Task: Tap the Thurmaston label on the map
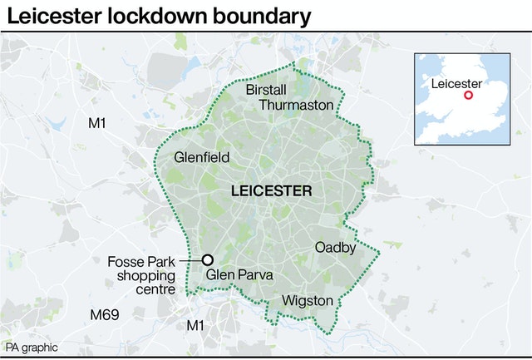point(296,105)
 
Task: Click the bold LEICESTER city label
point(271,191)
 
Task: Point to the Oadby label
point(335,248)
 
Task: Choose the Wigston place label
point(308,300)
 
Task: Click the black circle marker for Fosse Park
point(208,259)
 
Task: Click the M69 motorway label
point(104,314)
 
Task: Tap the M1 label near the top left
point(97,123)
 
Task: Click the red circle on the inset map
point(468,96)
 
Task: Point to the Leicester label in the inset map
point(456,83)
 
